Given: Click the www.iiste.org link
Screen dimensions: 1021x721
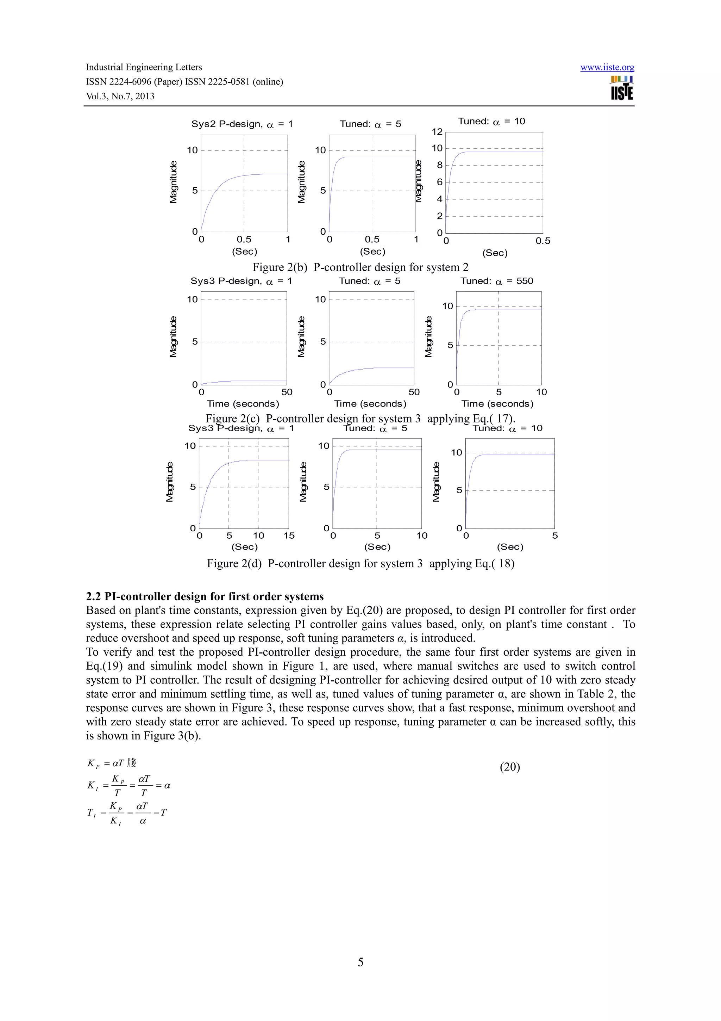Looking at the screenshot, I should (607, 68).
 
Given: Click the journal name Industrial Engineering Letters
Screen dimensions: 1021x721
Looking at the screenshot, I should (144, 67).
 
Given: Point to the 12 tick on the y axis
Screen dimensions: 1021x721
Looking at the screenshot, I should (437, 132).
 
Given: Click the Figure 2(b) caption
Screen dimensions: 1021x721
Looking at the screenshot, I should (360, 267).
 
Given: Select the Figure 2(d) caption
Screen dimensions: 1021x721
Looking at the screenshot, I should (360, 563).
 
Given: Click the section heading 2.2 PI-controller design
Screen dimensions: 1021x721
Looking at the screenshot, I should (205, 596).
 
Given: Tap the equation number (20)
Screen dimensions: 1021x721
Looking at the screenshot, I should (509, 767).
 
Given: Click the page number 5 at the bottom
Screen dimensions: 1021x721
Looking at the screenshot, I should (360, 962).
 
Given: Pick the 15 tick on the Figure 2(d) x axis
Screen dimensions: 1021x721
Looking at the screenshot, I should (289, 536).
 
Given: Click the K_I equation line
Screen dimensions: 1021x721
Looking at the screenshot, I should (129, 786).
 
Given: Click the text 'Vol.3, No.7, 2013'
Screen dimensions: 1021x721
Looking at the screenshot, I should (120, 97).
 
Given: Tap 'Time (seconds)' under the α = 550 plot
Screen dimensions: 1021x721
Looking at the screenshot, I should (497, 404).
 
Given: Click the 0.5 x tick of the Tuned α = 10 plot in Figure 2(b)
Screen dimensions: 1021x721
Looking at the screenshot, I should (543, 241).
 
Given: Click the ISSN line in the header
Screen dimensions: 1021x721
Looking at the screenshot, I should (184, 82).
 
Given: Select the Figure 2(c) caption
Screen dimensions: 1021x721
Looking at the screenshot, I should (360, 419).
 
